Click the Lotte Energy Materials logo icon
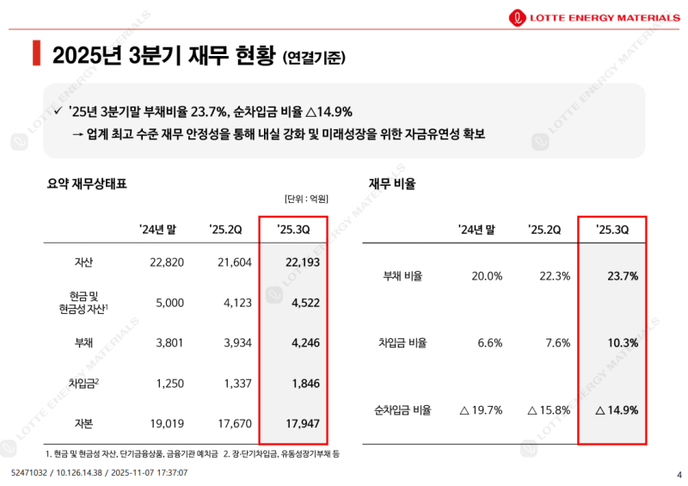coord(519,15)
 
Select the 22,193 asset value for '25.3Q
coord(303,261)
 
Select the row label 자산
coord(84,261)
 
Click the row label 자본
coord(84,423)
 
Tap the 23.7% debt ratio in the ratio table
coord(622,276)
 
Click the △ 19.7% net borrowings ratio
coord(481,410)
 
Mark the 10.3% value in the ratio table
coord(622,343)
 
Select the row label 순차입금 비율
coord(402,410)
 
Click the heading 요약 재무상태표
coord(88,183)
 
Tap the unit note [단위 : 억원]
coord(306,199)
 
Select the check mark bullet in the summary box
coord(57,112)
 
